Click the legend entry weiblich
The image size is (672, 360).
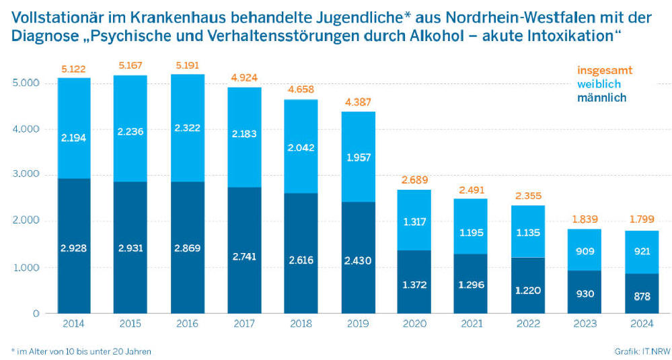pos(599,83)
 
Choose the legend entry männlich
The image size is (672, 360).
pos(601,98)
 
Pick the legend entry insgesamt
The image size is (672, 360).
pos(605,70)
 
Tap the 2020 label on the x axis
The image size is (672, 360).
pos(415,324)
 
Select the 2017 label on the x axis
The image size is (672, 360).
pos(244,324)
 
